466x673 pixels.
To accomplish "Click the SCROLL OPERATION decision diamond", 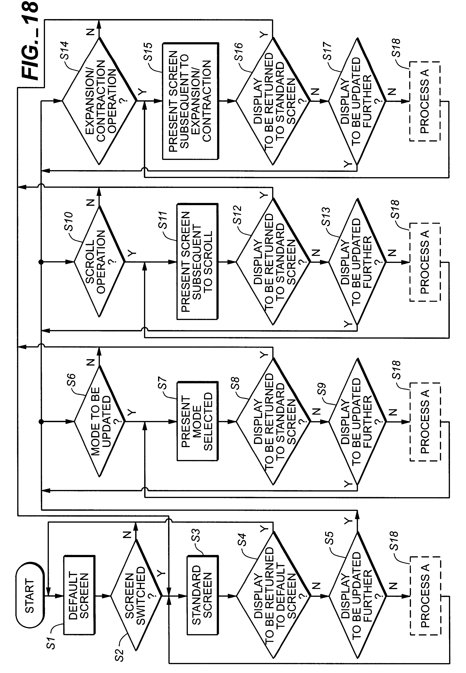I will pyautogui.click(x=100, y=262).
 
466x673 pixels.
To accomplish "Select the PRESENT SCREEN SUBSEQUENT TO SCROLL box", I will pyautogui.click(x=197, y=262).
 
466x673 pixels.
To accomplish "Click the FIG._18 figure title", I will pyautogui.click(x=30, y=41).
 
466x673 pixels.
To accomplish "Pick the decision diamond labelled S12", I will pyautogui.click(x=273, y=262).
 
